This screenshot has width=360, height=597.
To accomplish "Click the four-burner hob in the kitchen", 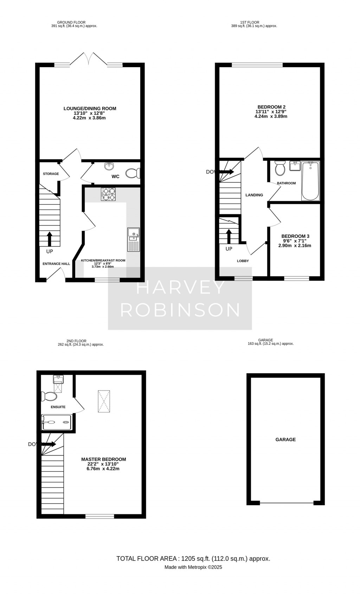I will (108, 194).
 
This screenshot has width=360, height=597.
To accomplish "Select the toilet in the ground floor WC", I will (133, 173).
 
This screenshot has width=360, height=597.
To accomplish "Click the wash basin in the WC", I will (109, 166).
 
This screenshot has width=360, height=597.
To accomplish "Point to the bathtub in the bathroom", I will (310, 181).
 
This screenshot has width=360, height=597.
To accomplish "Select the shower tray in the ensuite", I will (57, 422).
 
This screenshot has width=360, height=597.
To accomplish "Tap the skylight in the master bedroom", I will (104, 401).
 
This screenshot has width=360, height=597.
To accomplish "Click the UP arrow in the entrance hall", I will (49, 239).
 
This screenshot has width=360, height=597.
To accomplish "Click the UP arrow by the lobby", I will (229, 236).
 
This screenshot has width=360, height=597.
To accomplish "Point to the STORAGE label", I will (51, 174).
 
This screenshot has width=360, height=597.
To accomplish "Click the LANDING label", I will (254, 195).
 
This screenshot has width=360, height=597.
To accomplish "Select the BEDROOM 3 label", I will (295, 236).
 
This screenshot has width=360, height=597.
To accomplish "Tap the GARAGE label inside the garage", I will (285, 439).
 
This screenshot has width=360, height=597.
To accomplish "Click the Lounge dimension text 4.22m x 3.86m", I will (89, 118).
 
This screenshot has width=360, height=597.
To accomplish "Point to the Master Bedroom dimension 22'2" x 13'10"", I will (103, 464).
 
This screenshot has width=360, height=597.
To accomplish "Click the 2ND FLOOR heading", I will (76, 341).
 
